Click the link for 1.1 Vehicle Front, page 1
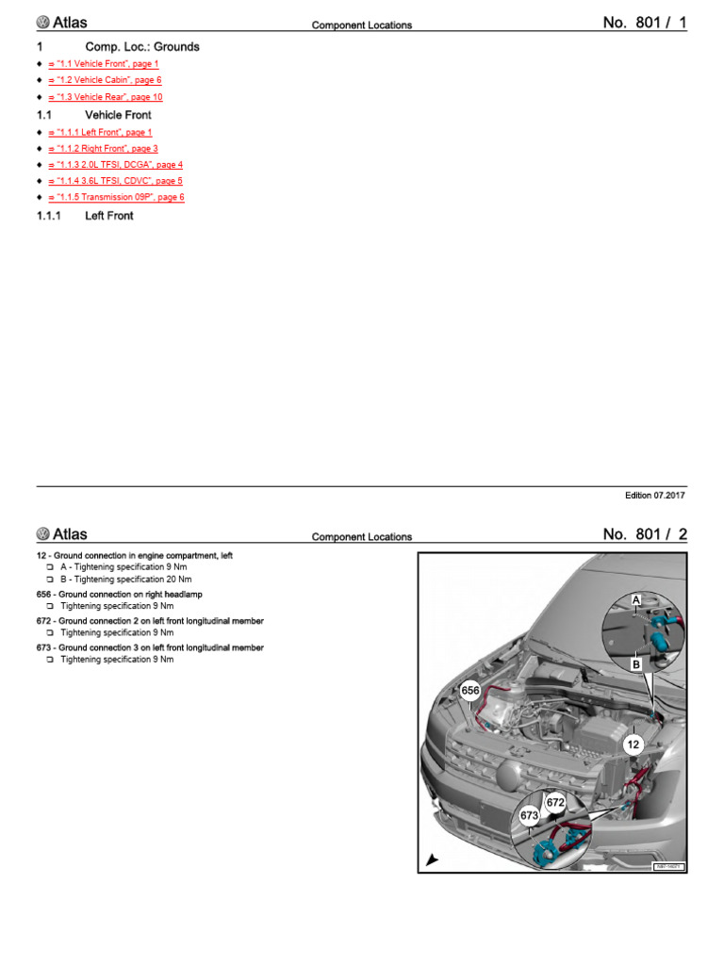tap(104, 64)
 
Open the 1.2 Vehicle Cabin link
tap(106, 81)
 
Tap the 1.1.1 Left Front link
tap(100, 133)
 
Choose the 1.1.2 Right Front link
tap(103, 149)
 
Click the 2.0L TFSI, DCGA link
tap(115, 165)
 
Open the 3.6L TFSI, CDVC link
tap(115, 181)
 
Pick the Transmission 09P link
tap(116, 198)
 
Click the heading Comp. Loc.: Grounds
tap(141, 46)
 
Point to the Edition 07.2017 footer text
tap(654, 496)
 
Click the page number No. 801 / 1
tap(645, 23)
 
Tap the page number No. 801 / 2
tap(645, 534)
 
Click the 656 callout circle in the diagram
tap(471, 691)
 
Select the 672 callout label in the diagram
tap(555, 802)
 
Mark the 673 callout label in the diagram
tap(529, 814)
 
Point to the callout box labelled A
tap(635, 600)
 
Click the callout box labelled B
tap(636, 664)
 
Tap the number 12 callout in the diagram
tap(633, 744)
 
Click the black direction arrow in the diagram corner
tap(432, 859)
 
